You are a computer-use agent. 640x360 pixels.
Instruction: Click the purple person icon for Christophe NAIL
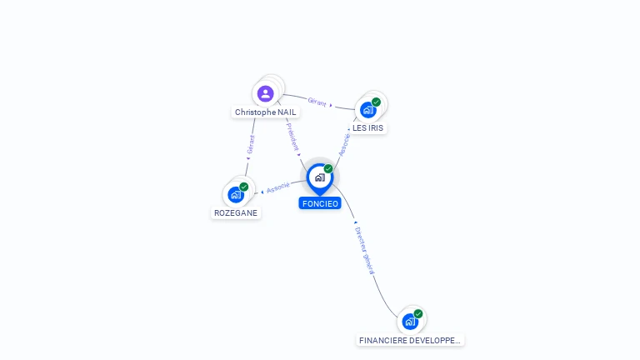(x=266, y=93)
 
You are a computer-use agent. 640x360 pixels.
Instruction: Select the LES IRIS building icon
(x=367, y=109)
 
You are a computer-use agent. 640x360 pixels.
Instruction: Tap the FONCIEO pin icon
(x=319, y=177)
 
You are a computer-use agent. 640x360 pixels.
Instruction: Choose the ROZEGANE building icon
(x=236, y=194)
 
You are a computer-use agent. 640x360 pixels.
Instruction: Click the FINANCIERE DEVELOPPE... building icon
(x=409, y=322)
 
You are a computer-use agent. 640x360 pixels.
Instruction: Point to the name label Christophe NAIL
(x=266, y=112)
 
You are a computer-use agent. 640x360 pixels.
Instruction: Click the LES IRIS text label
(x=368, y=128)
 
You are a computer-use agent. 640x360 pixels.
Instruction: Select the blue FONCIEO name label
(x=320, y=203)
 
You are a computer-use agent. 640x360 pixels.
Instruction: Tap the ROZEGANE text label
(x=236, y=212)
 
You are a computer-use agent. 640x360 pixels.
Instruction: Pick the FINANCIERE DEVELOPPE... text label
(x=410, y=340)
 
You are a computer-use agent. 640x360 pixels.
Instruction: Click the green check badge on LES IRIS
(x=377, y=102)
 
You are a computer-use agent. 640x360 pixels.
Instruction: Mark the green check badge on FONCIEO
(x=328, y=169)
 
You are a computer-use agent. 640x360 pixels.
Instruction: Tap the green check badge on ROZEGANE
(x=244, y=187)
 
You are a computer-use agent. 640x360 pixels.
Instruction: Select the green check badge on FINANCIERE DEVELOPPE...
(x=418, y=314)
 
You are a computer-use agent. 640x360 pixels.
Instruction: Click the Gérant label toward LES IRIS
(x=317, y=102)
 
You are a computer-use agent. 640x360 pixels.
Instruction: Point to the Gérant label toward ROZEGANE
(x=250, y=144)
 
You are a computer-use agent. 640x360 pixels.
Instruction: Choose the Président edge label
(x=292, y=135)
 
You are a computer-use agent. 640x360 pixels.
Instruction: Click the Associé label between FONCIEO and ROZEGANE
(x=278, y=187)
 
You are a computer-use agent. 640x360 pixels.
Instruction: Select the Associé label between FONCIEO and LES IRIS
(x=344, y=143)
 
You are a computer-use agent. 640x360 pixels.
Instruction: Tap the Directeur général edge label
(x=365, y=250)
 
